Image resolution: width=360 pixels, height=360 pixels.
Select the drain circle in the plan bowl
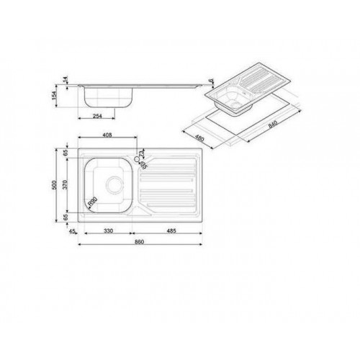pos(114,184)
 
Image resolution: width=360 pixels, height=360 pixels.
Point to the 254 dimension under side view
pos(103,115)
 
